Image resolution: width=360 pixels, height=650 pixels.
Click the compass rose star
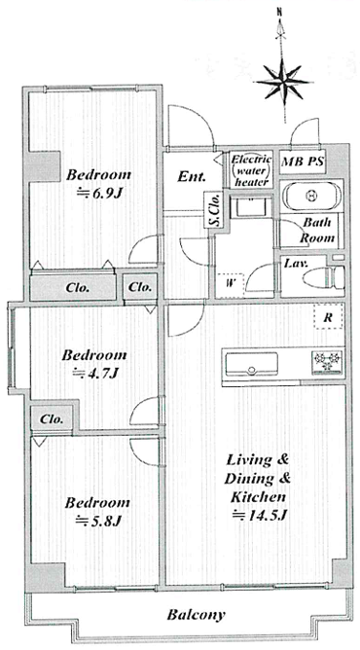pyautogui.click(x=283, y=82)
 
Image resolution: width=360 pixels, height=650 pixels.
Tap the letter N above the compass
pyautogui.click(x=280, y=13)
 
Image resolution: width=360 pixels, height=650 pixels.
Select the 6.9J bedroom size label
pyautogui.click(x=99, y=192)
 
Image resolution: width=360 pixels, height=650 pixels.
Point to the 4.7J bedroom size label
pyautogui.click(x=95, y=373)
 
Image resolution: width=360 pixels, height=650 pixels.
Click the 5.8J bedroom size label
pyautogui.click(x=97, y=521)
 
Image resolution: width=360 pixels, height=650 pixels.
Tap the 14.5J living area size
pyautogui.click(x=260, y=516)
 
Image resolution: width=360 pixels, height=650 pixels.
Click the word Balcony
pyautogui.click(x=196, y=615)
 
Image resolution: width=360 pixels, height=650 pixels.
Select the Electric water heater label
pyautogui.click(x=251, y=170)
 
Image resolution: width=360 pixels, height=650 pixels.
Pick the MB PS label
pyautogui.click(x=303, y=161)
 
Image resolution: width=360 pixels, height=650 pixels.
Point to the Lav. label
pyautogui.click(x=295, y=263)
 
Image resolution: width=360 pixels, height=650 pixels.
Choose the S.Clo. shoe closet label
pyautogui.click(x=215, y=210)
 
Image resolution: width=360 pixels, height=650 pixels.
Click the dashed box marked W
pyautogui.click(x=229, y=284)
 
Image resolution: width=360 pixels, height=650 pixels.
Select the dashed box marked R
pyautogui.click(x=329, y=317)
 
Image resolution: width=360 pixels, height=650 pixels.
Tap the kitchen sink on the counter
pyautogui.click(x=251, y=364)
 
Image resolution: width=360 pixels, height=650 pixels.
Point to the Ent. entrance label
pyautogui.click(x=191, y=177)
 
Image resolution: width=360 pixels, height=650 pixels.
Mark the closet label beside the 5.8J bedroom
pyautogui.click(x=52, y=419)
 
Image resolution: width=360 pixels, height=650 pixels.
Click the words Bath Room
pyautogui.click(x=317, y=230)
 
